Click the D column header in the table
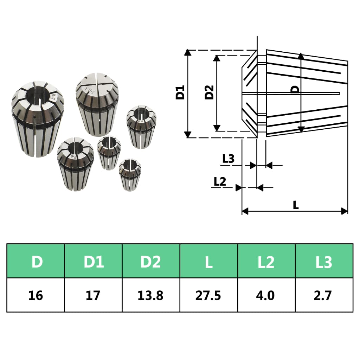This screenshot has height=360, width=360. pyautogui.click(x=36, y=261)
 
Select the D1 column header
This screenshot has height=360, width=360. pyautogui.click(x=94, y=261)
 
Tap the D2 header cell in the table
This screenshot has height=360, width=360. pyautogui.click(x=151, y=261)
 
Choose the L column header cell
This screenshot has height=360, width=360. pyautogui.click(x=209, y=261)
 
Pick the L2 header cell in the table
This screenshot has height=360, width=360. pyautogui.click(x=266, y=261)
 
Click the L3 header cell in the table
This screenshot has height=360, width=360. pyautogui.click(x=324, y=261)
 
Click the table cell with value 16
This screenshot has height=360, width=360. pyautogui.click(x=36, y=295)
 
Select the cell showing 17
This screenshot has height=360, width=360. pyautogui.click(x=94, y=295)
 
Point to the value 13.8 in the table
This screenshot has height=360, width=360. pyautogui.click(x=151, y=295)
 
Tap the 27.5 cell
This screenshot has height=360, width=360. pyautogui.click(x=209, y=295)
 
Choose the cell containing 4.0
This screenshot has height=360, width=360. pyautogui.click(x=266, y=295)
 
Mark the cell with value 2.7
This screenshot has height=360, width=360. pyautogui.click(x=324, y=295)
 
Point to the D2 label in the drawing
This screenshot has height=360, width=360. pyautogui.click(x=210, y=92)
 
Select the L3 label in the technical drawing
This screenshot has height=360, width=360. pyautogui.click(x=229, y=159)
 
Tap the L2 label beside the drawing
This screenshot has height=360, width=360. pyautogui.click(x=220, y=181)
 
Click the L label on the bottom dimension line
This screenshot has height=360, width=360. pyautogui.click(x=296, y=205)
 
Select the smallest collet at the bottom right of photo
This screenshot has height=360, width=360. pyautogui.click(x=130, y=174)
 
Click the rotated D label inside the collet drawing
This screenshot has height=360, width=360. pyautogui.click(x=296, y=89)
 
